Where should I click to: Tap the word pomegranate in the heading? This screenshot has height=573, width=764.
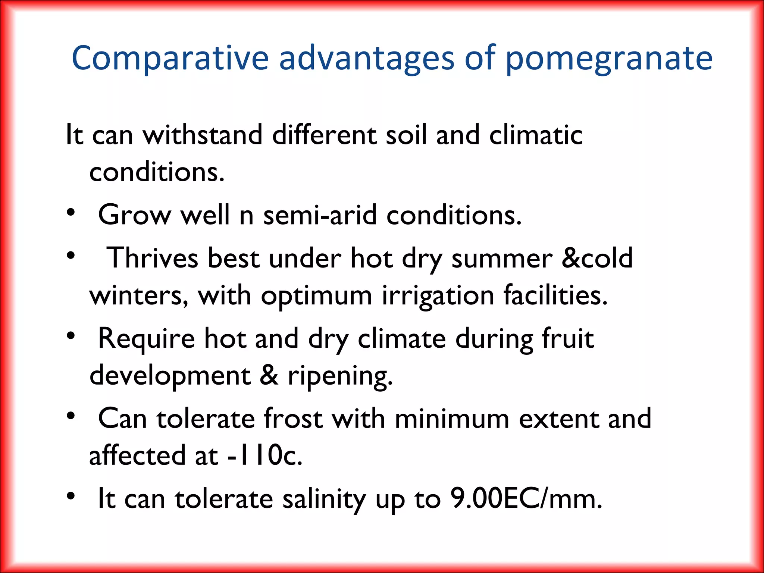609,59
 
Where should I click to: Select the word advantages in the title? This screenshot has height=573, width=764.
366,59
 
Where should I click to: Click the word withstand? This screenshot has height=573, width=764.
203,135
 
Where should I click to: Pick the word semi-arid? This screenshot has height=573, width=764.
320,215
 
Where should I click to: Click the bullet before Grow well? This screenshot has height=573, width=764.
71,213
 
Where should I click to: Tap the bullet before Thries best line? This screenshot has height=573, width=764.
71,256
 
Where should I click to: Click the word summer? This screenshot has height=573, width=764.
502,259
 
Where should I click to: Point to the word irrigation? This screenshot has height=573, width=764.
438,296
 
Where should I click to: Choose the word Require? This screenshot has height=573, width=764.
146,339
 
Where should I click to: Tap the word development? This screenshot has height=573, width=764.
170,376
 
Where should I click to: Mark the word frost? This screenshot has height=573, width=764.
293,419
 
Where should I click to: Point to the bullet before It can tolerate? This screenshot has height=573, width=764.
71,496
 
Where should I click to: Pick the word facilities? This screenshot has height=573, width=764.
555,296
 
